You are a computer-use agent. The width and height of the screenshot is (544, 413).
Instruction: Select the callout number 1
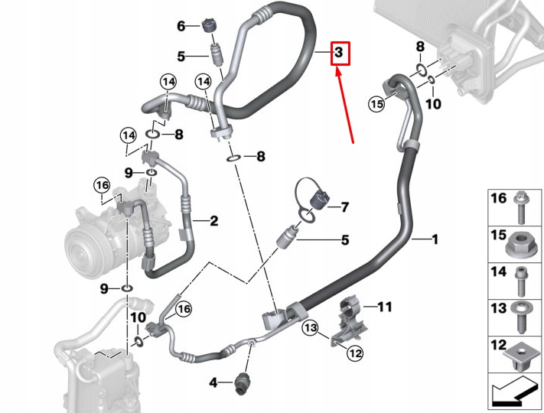coord(435,240)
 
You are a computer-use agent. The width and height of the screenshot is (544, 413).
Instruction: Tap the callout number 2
coord(213,222)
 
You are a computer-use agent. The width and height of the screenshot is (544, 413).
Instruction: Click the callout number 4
coord(214,380)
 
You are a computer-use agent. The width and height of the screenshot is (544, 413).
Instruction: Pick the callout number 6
coord(181,26)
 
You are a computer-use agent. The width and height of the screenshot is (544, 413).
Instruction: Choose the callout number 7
coord(344,206)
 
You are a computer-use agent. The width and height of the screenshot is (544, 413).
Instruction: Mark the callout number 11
coord(384,307)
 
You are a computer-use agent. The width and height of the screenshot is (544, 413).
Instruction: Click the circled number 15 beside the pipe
coord(376,104)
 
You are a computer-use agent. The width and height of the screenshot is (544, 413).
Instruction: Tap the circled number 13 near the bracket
coord(308,328)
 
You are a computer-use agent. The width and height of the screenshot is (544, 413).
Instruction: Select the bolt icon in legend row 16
coord(520,206)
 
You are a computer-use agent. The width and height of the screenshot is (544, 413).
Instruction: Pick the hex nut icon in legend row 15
coord(520,243)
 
